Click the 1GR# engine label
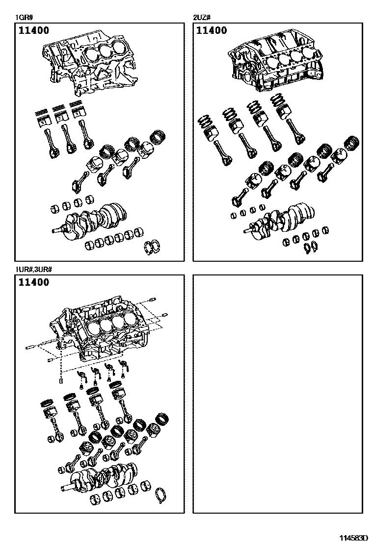coord(23,19)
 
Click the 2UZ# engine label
coord(201,19)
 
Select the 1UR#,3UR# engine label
coord(34,270)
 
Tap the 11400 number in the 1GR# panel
coord(34,31)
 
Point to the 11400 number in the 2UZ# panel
coord(212,31)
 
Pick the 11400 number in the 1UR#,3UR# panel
coord(34,283)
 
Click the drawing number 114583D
coord(354,538)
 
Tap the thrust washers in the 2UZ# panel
coord(310,248)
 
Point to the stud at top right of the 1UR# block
coord(154,300)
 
